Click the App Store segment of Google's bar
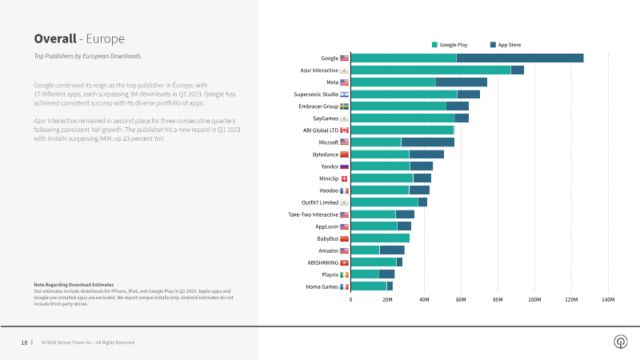[519, 58]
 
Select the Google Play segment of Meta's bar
[393, 82]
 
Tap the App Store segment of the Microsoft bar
[427, 142]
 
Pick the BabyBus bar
[380, 238]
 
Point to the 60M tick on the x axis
[461, 299]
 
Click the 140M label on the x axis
[607, 299]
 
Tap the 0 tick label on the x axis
[350, 299]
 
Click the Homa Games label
[322, 286]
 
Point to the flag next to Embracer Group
[344, 106]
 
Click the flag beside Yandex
[344, 166]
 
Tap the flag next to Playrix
[344, 274]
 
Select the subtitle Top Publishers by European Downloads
[87, 57]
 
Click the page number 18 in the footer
[24, 342]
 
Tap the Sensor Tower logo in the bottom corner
[620, 342]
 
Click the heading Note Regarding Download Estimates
[74, 285]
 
